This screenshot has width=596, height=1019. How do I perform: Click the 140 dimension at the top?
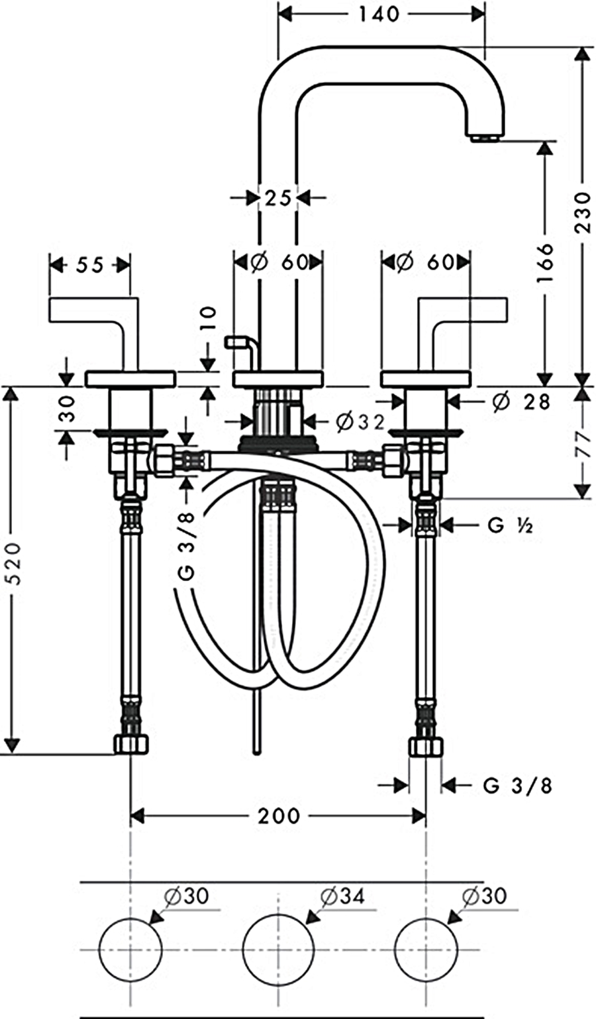379,15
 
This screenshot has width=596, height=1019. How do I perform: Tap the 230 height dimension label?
583,212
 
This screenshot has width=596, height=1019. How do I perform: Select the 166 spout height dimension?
545,262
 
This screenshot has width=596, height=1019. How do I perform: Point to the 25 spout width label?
277,198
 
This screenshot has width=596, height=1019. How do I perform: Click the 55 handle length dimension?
90,266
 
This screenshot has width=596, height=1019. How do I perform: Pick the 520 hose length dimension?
14,563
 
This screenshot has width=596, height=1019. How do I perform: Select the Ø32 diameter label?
360,422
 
